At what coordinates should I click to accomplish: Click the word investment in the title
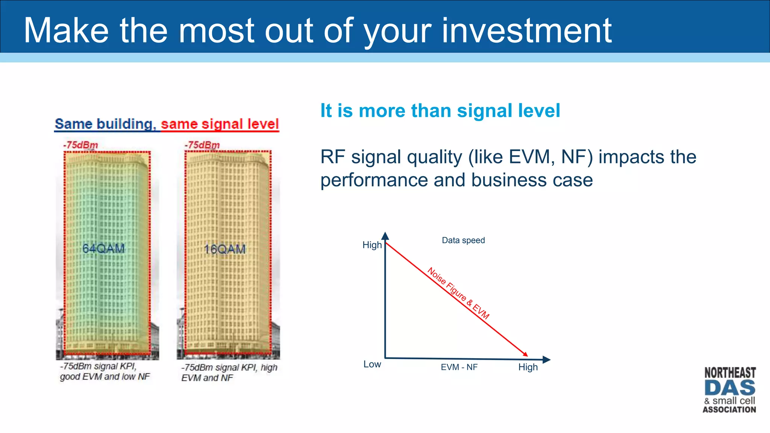(526, 31)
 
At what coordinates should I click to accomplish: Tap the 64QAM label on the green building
(103, 248)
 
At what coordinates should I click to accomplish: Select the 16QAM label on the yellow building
(225, 249)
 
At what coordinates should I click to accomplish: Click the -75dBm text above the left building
(80, 145)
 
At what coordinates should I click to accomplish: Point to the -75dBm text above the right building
(202, 145)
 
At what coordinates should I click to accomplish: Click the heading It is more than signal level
(440, 111)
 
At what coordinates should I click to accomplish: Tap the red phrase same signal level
(220, 124)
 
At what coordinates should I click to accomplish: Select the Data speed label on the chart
(463, 240)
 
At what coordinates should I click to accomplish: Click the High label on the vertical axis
(372, 245)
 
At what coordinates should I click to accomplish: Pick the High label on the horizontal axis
(528, 367)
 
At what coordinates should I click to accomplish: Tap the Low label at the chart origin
(372, 364)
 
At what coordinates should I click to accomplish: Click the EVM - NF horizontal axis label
(459, 367)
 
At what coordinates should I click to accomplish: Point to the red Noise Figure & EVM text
(458, 293)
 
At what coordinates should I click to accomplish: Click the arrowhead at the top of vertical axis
(385, 236)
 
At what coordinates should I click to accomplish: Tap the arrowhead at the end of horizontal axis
(547, 360)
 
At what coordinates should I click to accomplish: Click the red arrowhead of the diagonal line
(525, 354)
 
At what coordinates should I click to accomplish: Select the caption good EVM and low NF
(105, 377)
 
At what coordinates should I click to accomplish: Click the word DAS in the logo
(729, 388)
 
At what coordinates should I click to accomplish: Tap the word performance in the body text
(374, 180)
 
